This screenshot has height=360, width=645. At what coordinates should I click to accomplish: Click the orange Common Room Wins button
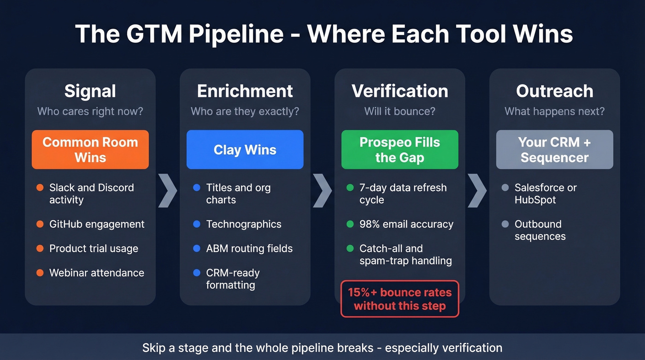point(90,149)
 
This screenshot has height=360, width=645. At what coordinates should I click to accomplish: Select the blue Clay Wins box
point(245,149)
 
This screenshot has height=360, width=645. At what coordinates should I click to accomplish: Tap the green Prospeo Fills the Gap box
point(399,149)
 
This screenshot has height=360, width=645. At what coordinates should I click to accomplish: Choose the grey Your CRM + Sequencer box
point(554,149)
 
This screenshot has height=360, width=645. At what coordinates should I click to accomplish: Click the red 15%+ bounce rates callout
point(399,299)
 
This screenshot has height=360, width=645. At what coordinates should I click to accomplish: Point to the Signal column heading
point(90,91)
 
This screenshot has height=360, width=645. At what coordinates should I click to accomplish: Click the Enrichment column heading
point(245,91)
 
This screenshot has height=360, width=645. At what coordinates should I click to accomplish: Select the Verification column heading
point(399,91)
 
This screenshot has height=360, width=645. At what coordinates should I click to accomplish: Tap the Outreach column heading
point(554,91)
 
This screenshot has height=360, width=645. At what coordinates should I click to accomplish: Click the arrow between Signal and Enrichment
point(168,190)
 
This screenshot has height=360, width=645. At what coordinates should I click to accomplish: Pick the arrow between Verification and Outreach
point(477,190)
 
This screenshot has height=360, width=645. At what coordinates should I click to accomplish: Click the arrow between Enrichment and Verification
point(322,190)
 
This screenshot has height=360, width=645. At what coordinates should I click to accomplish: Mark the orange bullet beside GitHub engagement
point(40,224)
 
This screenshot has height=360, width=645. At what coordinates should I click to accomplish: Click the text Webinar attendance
point(97,273)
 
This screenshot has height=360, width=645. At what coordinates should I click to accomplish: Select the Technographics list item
point(244,224)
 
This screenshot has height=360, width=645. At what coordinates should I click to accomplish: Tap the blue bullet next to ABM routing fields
point(197,248)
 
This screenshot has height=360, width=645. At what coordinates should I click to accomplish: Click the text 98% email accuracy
point(406,224)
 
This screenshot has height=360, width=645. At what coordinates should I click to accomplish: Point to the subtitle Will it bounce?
point(399,112)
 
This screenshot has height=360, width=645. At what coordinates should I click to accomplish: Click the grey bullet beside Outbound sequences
point(505,224)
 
